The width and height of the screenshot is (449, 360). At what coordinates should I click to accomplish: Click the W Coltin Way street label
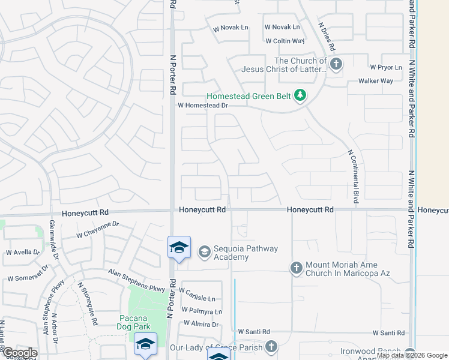pyautogui.click(x=285, y=41)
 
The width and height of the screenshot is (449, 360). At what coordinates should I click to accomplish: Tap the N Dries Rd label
pyautogui.click(x=327, y=36)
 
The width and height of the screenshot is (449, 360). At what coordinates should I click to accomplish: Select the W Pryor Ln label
pyautogui.click(x=385, y=67)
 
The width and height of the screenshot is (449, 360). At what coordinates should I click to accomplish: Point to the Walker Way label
pyautogui.click(x=375, y=81)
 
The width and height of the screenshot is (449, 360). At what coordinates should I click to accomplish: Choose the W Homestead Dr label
pyautogui.click(x=203, y=106)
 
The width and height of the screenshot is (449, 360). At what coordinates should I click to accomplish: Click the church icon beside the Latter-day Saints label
pyautogui.click(x=336, y=64)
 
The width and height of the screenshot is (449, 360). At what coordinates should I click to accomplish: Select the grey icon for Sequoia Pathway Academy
pyautogui.click(x=204, y=251)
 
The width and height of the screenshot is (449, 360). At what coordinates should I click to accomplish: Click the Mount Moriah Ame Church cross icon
pyautogui.click(x=296, y=268)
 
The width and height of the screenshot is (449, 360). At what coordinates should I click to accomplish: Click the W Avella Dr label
pyautogui.click(x=22, y=253)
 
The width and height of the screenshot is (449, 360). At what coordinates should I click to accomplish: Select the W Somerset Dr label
pyautogui.click(x=27, y=278)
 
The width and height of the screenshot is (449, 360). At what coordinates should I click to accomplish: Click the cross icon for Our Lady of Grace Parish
pyautogui.click(x=271, y=346)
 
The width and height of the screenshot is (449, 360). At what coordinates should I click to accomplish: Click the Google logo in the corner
pyautogui.click(x=19, y=353)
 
